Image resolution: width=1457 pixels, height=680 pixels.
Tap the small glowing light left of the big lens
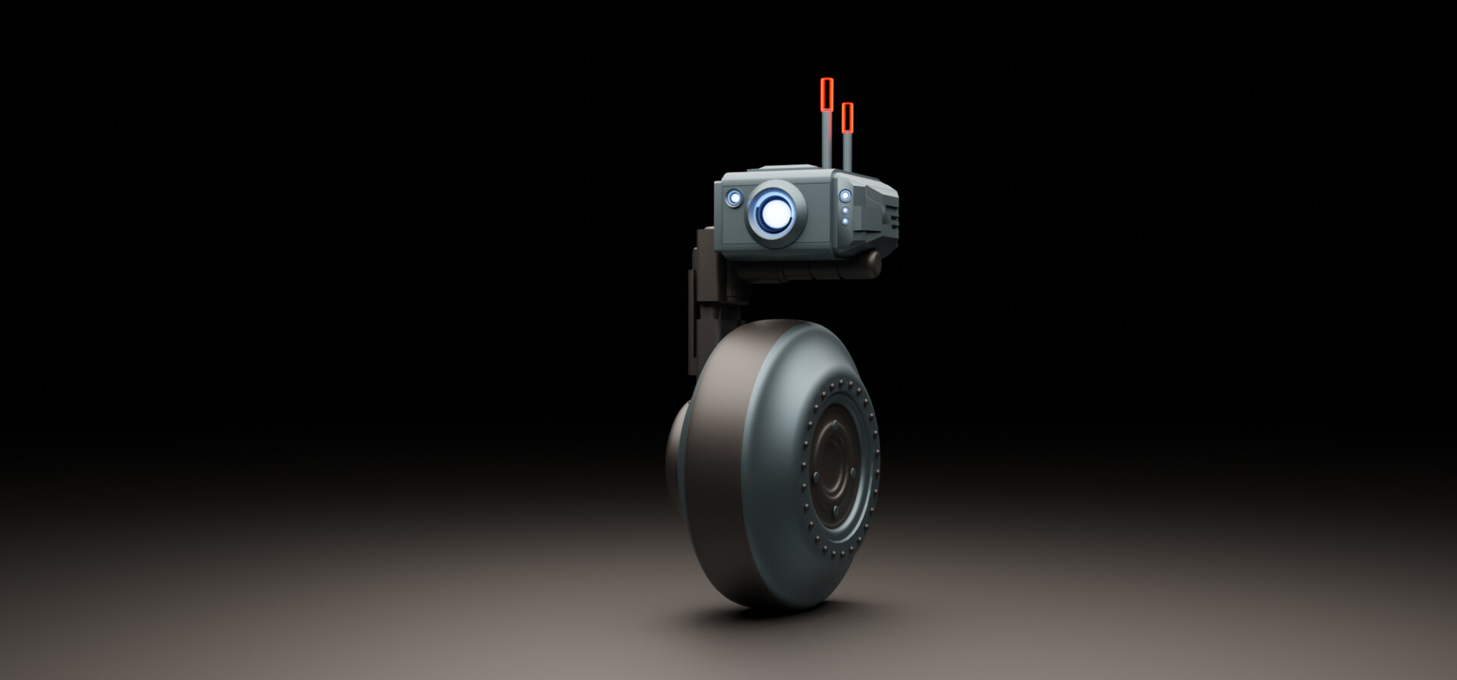tap(734, 198)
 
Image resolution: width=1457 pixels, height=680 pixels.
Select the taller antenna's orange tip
tap(826, 93)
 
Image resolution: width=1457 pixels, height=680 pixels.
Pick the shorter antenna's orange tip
tap(848, 116)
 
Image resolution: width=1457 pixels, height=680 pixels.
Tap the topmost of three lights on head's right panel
tap(845, 196)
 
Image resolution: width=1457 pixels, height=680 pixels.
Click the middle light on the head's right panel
tap(845, 210)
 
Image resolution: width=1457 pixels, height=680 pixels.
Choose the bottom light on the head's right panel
tap(845, 221)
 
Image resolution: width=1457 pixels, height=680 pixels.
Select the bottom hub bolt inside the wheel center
tap(835, 509)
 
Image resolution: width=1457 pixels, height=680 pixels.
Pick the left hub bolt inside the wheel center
tap(815, 477)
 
